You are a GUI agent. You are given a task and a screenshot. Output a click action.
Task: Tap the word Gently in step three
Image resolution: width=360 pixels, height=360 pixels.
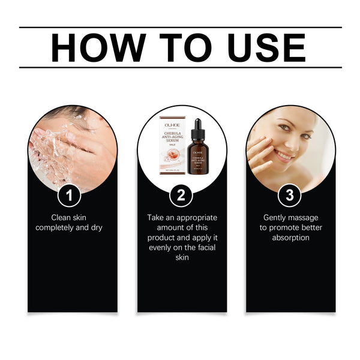[x=275, y=217]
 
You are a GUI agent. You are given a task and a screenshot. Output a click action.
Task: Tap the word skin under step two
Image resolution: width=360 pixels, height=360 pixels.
[x=182, y=258]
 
